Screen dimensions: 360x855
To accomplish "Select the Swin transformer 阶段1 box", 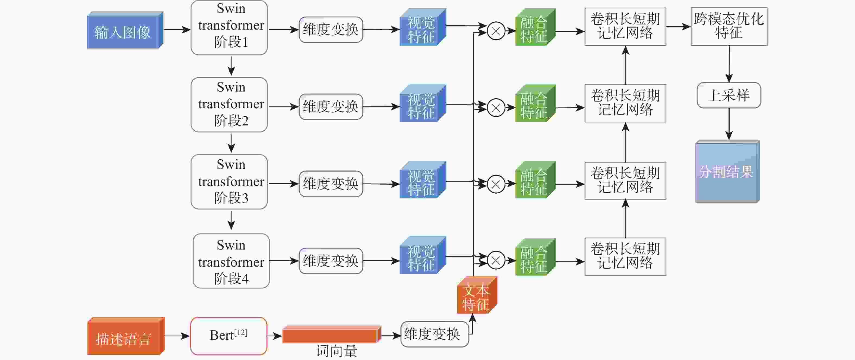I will pyautogui.click(x=229, y=28).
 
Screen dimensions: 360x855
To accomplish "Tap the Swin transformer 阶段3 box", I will pyautogui.click(x=229, y=182).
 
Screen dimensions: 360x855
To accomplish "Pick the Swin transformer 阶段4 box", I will pyautogui.click(x=231, y=261).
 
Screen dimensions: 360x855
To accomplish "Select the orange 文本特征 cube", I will pyautogui.click(x=476, y=296).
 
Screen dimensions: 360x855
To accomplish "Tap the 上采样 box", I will pyautogui.click(x=729, y=96).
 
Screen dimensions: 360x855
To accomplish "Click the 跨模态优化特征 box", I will pyautogui.click(x=729, y=27).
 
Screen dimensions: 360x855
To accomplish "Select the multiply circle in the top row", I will pyautogui.click(x=496, y=31).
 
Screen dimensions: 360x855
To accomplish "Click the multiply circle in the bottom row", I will pyautogui.click(x=496, y=260).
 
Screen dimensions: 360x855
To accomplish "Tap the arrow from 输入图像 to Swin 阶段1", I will pyautogui.click(x=177, y=30).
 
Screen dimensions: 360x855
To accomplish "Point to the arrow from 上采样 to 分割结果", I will pyautogui.click(x=729, y=124).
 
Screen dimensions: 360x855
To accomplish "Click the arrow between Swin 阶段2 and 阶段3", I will pyautogui.click(x=231, y=143).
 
